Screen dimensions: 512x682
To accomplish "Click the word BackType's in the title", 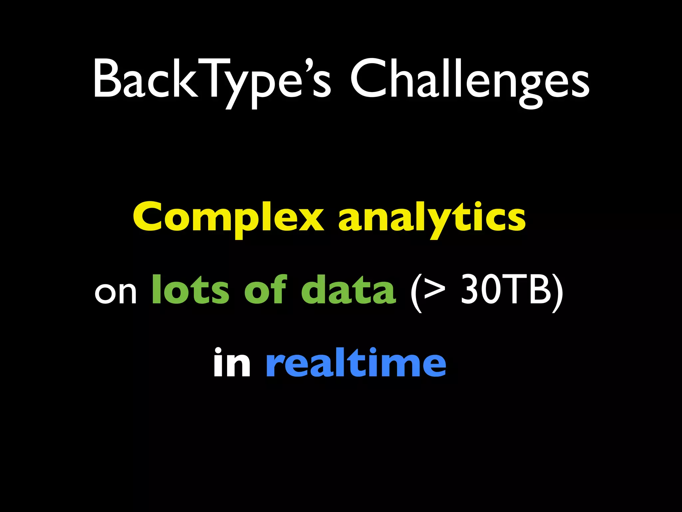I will tap(212, 80).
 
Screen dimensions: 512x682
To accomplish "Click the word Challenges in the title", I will tap(470, 80).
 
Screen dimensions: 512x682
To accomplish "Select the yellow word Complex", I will tap(228, 218).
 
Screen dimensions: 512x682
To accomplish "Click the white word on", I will tap(116, 292).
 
